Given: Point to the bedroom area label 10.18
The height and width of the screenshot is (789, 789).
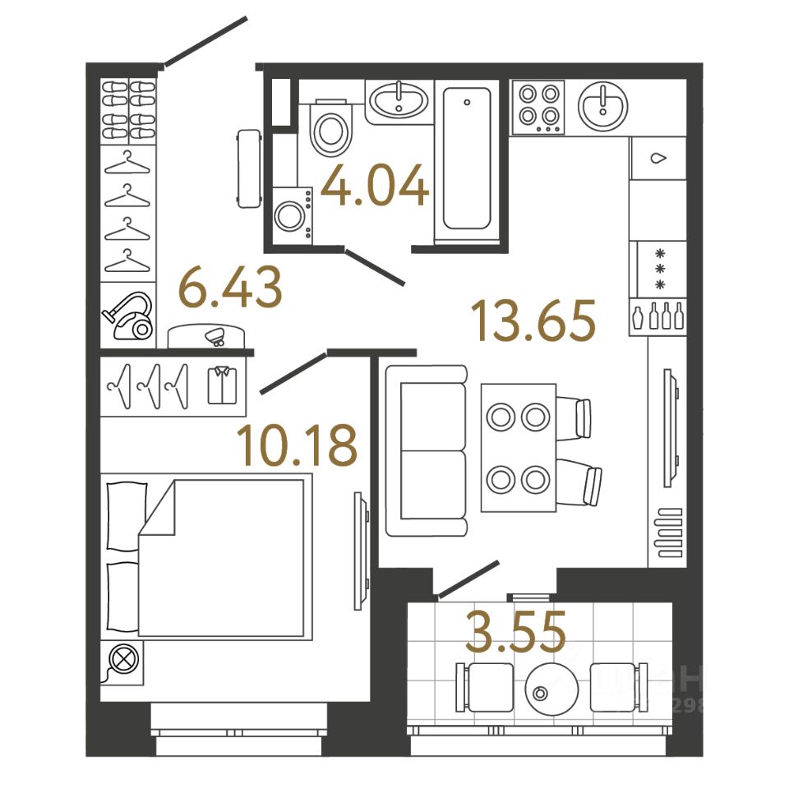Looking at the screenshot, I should coord(297,445).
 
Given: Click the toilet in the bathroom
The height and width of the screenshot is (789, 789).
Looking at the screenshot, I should coord(330,128).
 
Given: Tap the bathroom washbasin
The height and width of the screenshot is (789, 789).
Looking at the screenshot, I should coord(398,102).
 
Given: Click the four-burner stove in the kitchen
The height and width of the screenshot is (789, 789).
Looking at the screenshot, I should coord(538,107).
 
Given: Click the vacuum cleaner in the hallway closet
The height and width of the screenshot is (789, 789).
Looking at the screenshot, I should coord(128,316).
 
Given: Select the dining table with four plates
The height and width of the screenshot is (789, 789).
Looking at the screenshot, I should coord(518,447).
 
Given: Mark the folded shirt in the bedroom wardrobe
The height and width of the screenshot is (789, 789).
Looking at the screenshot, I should coord(221,385).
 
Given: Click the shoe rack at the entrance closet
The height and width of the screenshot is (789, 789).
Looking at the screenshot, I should coord(130,111).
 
